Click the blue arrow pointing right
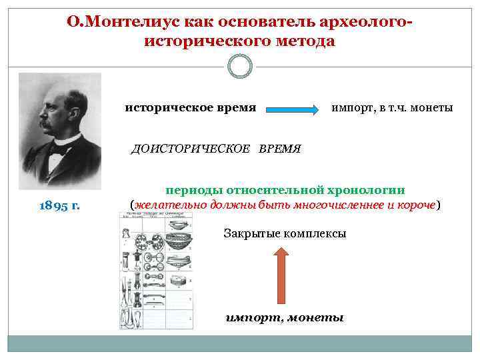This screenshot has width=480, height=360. tap(293, 109)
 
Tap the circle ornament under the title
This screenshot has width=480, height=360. tap(239, 67)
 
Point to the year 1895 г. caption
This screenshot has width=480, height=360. tap(59, 205)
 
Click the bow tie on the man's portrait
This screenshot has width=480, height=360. tap(58, 149)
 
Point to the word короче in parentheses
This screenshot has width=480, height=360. tap(417, 204)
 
